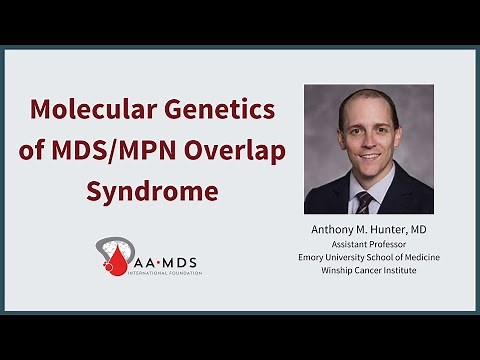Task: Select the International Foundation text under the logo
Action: [x=162, y=273]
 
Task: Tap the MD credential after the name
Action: [x=419, y=230]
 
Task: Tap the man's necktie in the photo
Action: [x=364, y=201]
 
